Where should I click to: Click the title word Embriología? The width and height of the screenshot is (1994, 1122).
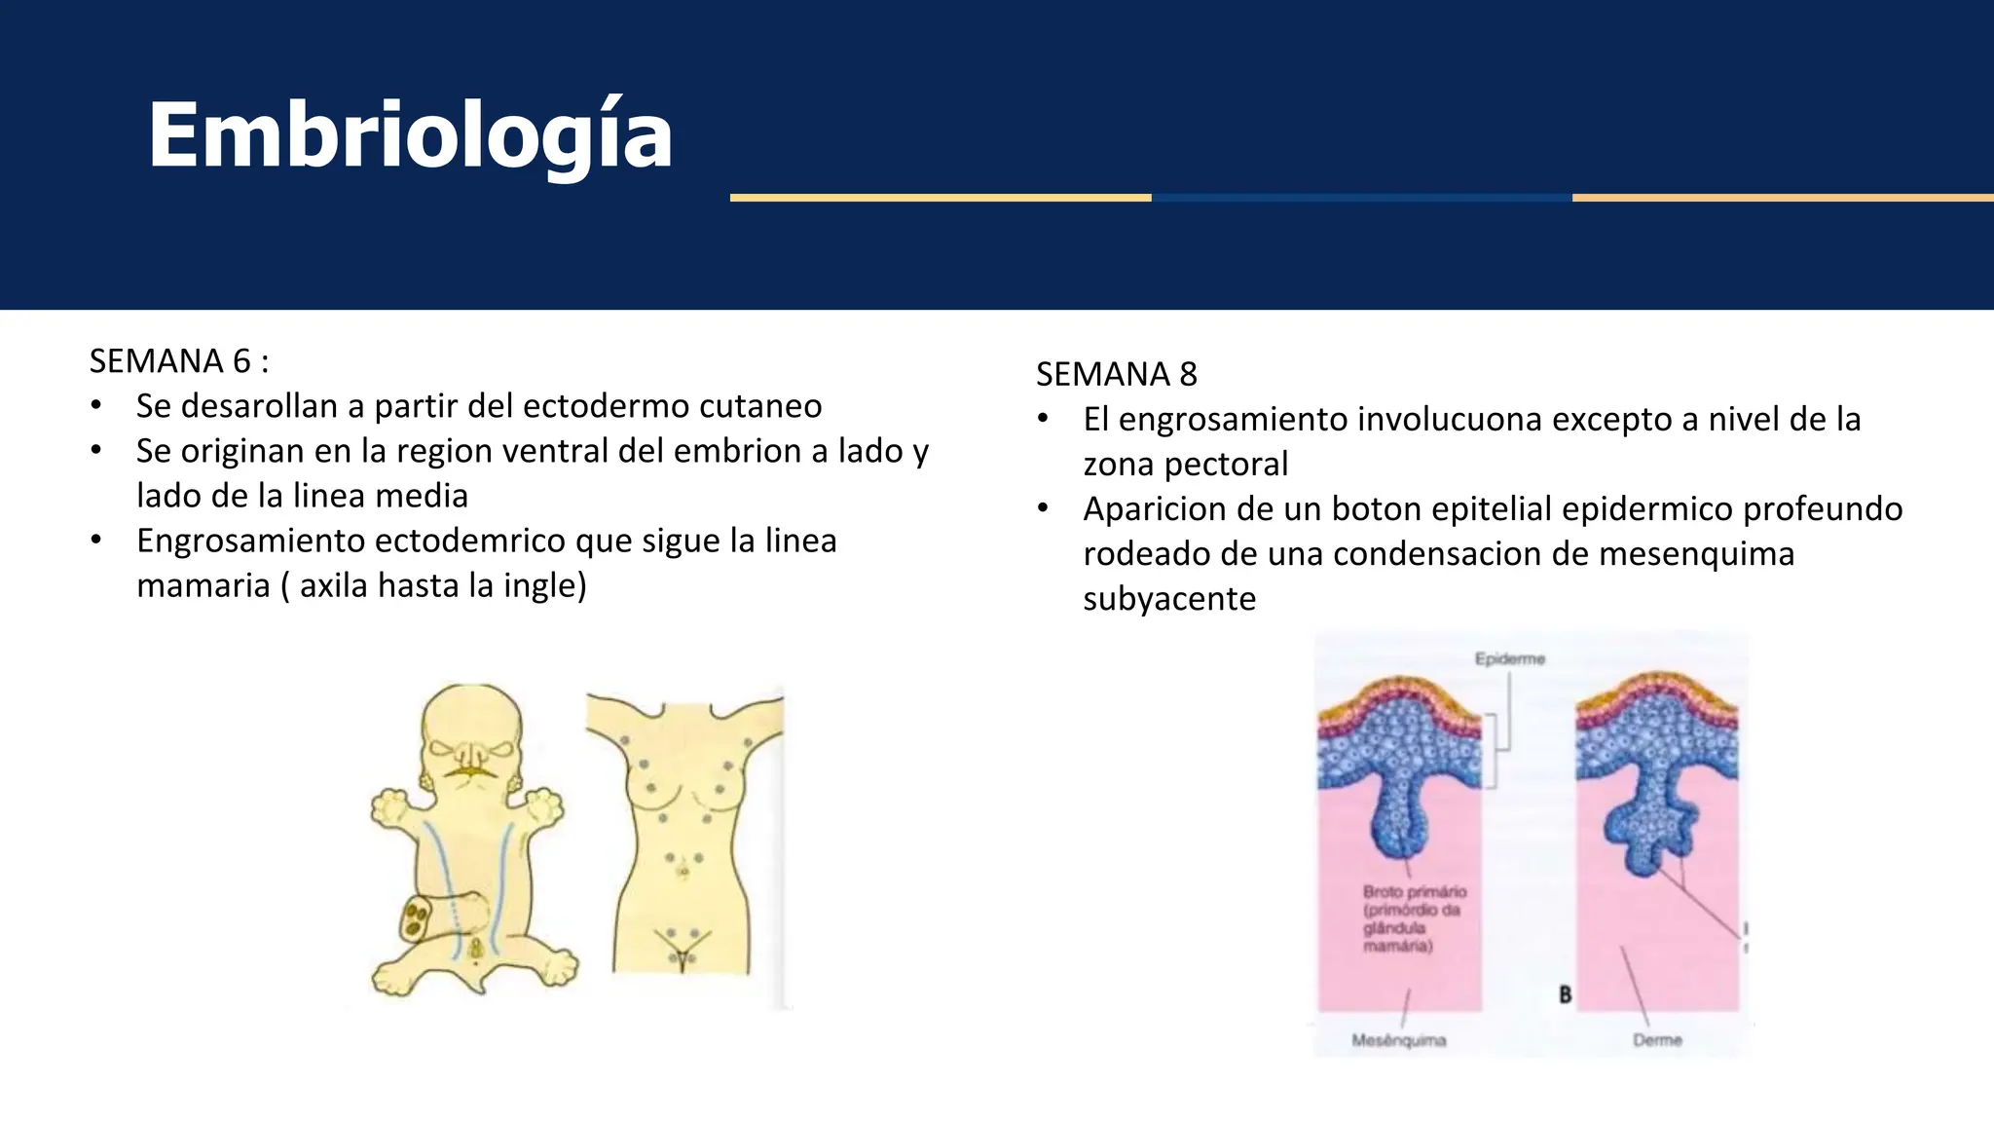point(410,135)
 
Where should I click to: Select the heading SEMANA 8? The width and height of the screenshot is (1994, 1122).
point(1116,374)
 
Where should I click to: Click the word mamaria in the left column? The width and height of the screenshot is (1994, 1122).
point(203,585)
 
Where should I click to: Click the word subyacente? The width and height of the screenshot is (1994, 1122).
point(1169,599)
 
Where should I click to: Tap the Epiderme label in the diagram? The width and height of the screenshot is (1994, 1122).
point(1509,659)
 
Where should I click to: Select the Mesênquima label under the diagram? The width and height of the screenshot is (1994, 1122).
point(1398,1040)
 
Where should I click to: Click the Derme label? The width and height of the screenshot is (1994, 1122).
point(1657,1040)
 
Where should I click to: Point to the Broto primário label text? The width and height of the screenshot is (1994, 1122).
point(1414,892)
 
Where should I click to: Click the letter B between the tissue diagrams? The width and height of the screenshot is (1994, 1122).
point(1565,994)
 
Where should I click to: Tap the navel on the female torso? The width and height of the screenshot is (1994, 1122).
point(683,870)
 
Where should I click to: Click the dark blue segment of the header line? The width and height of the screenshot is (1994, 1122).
point(1361,198)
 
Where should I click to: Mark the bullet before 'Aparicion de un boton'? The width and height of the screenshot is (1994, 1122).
point(1043,508)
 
